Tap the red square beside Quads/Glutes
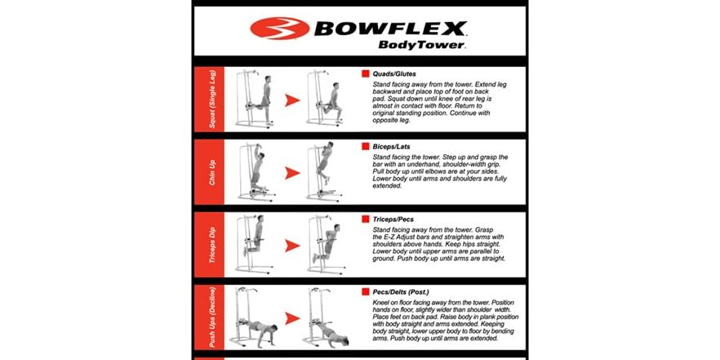tap(366, 73)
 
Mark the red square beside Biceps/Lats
tap(366, 146)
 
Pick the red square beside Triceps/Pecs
tap(366, 220)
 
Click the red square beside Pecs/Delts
tap(366, 291)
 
